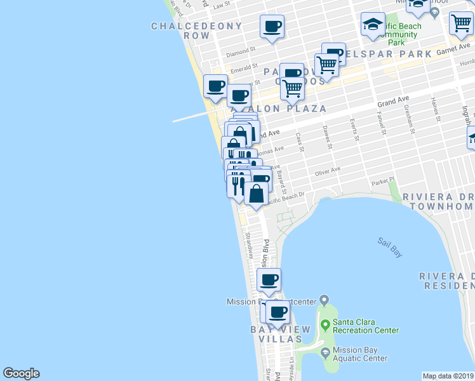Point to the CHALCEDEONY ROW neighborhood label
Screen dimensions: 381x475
196,31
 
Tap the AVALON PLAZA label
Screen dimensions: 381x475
279,109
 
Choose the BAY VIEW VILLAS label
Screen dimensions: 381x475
280,334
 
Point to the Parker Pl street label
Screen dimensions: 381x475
383,180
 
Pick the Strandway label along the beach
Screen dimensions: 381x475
249,244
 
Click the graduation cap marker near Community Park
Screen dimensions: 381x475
372,25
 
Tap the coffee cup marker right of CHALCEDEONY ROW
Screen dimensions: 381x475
272,27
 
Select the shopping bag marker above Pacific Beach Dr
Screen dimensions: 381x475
256,193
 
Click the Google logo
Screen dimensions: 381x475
21,373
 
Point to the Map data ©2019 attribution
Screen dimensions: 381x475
448,376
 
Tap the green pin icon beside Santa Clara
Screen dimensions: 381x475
326,326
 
